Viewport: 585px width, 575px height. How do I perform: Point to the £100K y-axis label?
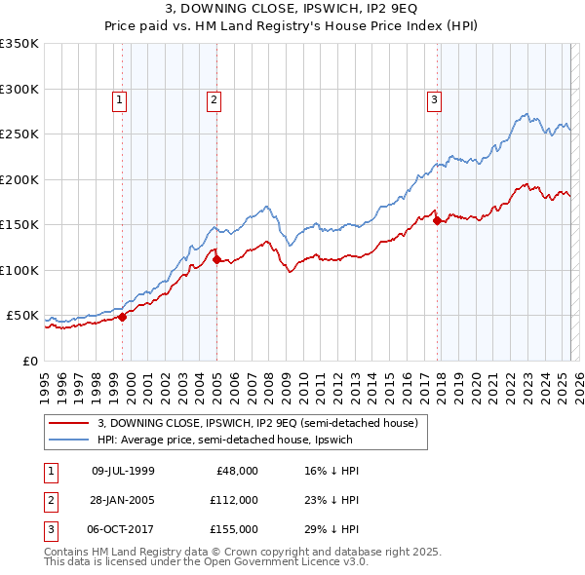[x=19, y=270]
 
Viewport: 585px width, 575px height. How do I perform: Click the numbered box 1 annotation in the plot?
[x=118, y=98]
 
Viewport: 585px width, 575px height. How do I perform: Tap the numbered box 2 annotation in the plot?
[x=213, y=98]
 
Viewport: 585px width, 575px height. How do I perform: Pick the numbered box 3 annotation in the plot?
[x=433, y=98]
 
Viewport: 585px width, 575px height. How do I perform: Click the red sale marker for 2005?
[x=216, y=259]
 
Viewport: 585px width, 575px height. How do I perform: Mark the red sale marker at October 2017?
[x=437, y=220]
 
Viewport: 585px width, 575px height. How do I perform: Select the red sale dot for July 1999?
[x=123, y=317]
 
